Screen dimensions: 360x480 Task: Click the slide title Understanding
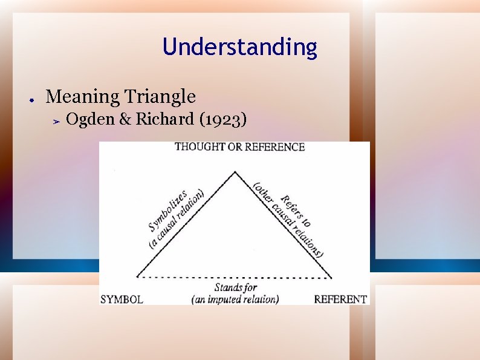pyautogui.click(x=239, y=47)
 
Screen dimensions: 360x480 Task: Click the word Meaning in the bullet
pyautogui.click(x=83, y=96)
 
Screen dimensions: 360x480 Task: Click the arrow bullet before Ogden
pyautogui.click(x=54, y=122)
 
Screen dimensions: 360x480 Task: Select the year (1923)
pyautogui.click(x=223, y=120)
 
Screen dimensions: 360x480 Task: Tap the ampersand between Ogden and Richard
pyautogui.click(x=126, y=120)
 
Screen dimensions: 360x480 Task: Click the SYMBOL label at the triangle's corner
pyautogui.click(x=122, y=299)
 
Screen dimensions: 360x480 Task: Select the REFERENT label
pyautogui.click(x=340, y=299)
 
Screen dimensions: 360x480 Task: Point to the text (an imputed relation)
pyautogui.click(x=235, y=299)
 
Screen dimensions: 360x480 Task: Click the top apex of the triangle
pyautogui.click(x=235, y=172)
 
